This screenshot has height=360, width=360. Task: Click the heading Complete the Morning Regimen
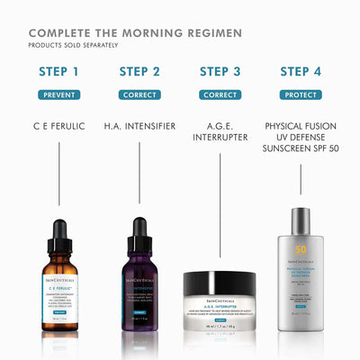135,33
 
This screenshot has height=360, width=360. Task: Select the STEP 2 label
139,72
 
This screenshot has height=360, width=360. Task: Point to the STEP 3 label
220,72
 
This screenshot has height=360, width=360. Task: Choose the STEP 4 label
301,72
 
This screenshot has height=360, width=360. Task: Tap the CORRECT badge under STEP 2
139,94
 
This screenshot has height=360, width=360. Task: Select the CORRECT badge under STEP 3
220,94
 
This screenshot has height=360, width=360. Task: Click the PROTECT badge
301,94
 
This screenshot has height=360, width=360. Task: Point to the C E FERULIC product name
60,126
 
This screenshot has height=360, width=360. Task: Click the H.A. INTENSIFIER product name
139,126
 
